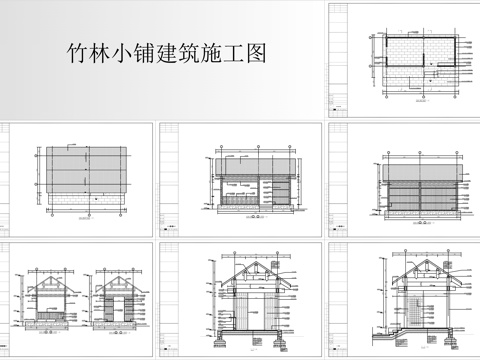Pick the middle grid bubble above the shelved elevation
coord(259,147)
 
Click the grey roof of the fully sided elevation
coord(420,170)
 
